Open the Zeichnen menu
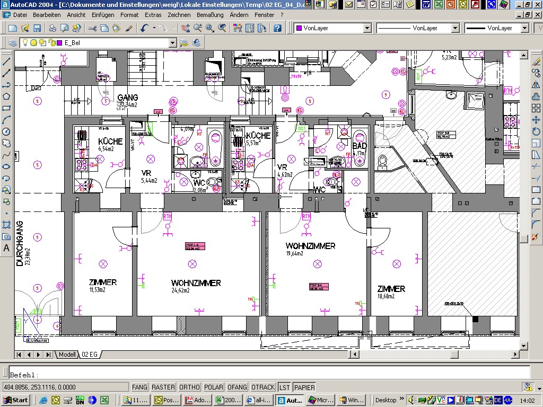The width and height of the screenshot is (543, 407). pyautogui.click(x=179, y=15)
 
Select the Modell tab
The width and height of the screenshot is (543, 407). pyautogui.click(x=67, y=355)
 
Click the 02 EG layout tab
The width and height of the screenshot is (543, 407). pyautogui.click(x=89, y=355)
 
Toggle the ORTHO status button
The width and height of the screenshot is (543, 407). pyautogui.click(x=189, y=387)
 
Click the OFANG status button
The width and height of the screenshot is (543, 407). pyautogui.click(x=237, y=387)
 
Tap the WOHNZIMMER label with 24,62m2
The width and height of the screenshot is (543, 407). pyautogui.click(x=196, y=283)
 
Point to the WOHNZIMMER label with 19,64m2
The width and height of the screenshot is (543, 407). pyautogui.click(x=310, y=246)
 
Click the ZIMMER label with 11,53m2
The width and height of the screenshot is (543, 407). pyautogui.click(x=103, y=282)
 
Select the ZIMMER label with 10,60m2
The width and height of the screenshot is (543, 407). pyautogui.click(x=391, y=289)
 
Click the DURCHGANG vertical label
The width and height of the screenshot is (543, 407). pyautogui.click(x=20, y=243)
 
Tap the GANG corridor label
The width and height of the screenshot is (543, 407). pyautogui.click(x=128, y=98)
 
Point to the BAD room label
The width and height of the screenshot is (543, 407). pyautogui.click(x=360, y=146)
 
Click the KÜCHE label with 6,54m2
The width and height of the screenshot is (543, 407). pyautogui.click(x=110, y=141)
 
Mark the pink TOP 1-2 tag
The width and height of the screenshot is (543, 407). pyautogui.click(x=195, y=246)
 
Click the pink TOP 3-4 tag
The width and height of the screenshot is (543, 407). pyautogui.click(x=319, y=287)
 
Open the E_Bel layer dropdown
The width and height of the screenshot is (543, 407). pyautogui.click(x=172, y=43)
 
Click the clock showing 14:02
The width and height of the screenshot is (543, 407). pyautogui.click(x=528, y=400)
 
